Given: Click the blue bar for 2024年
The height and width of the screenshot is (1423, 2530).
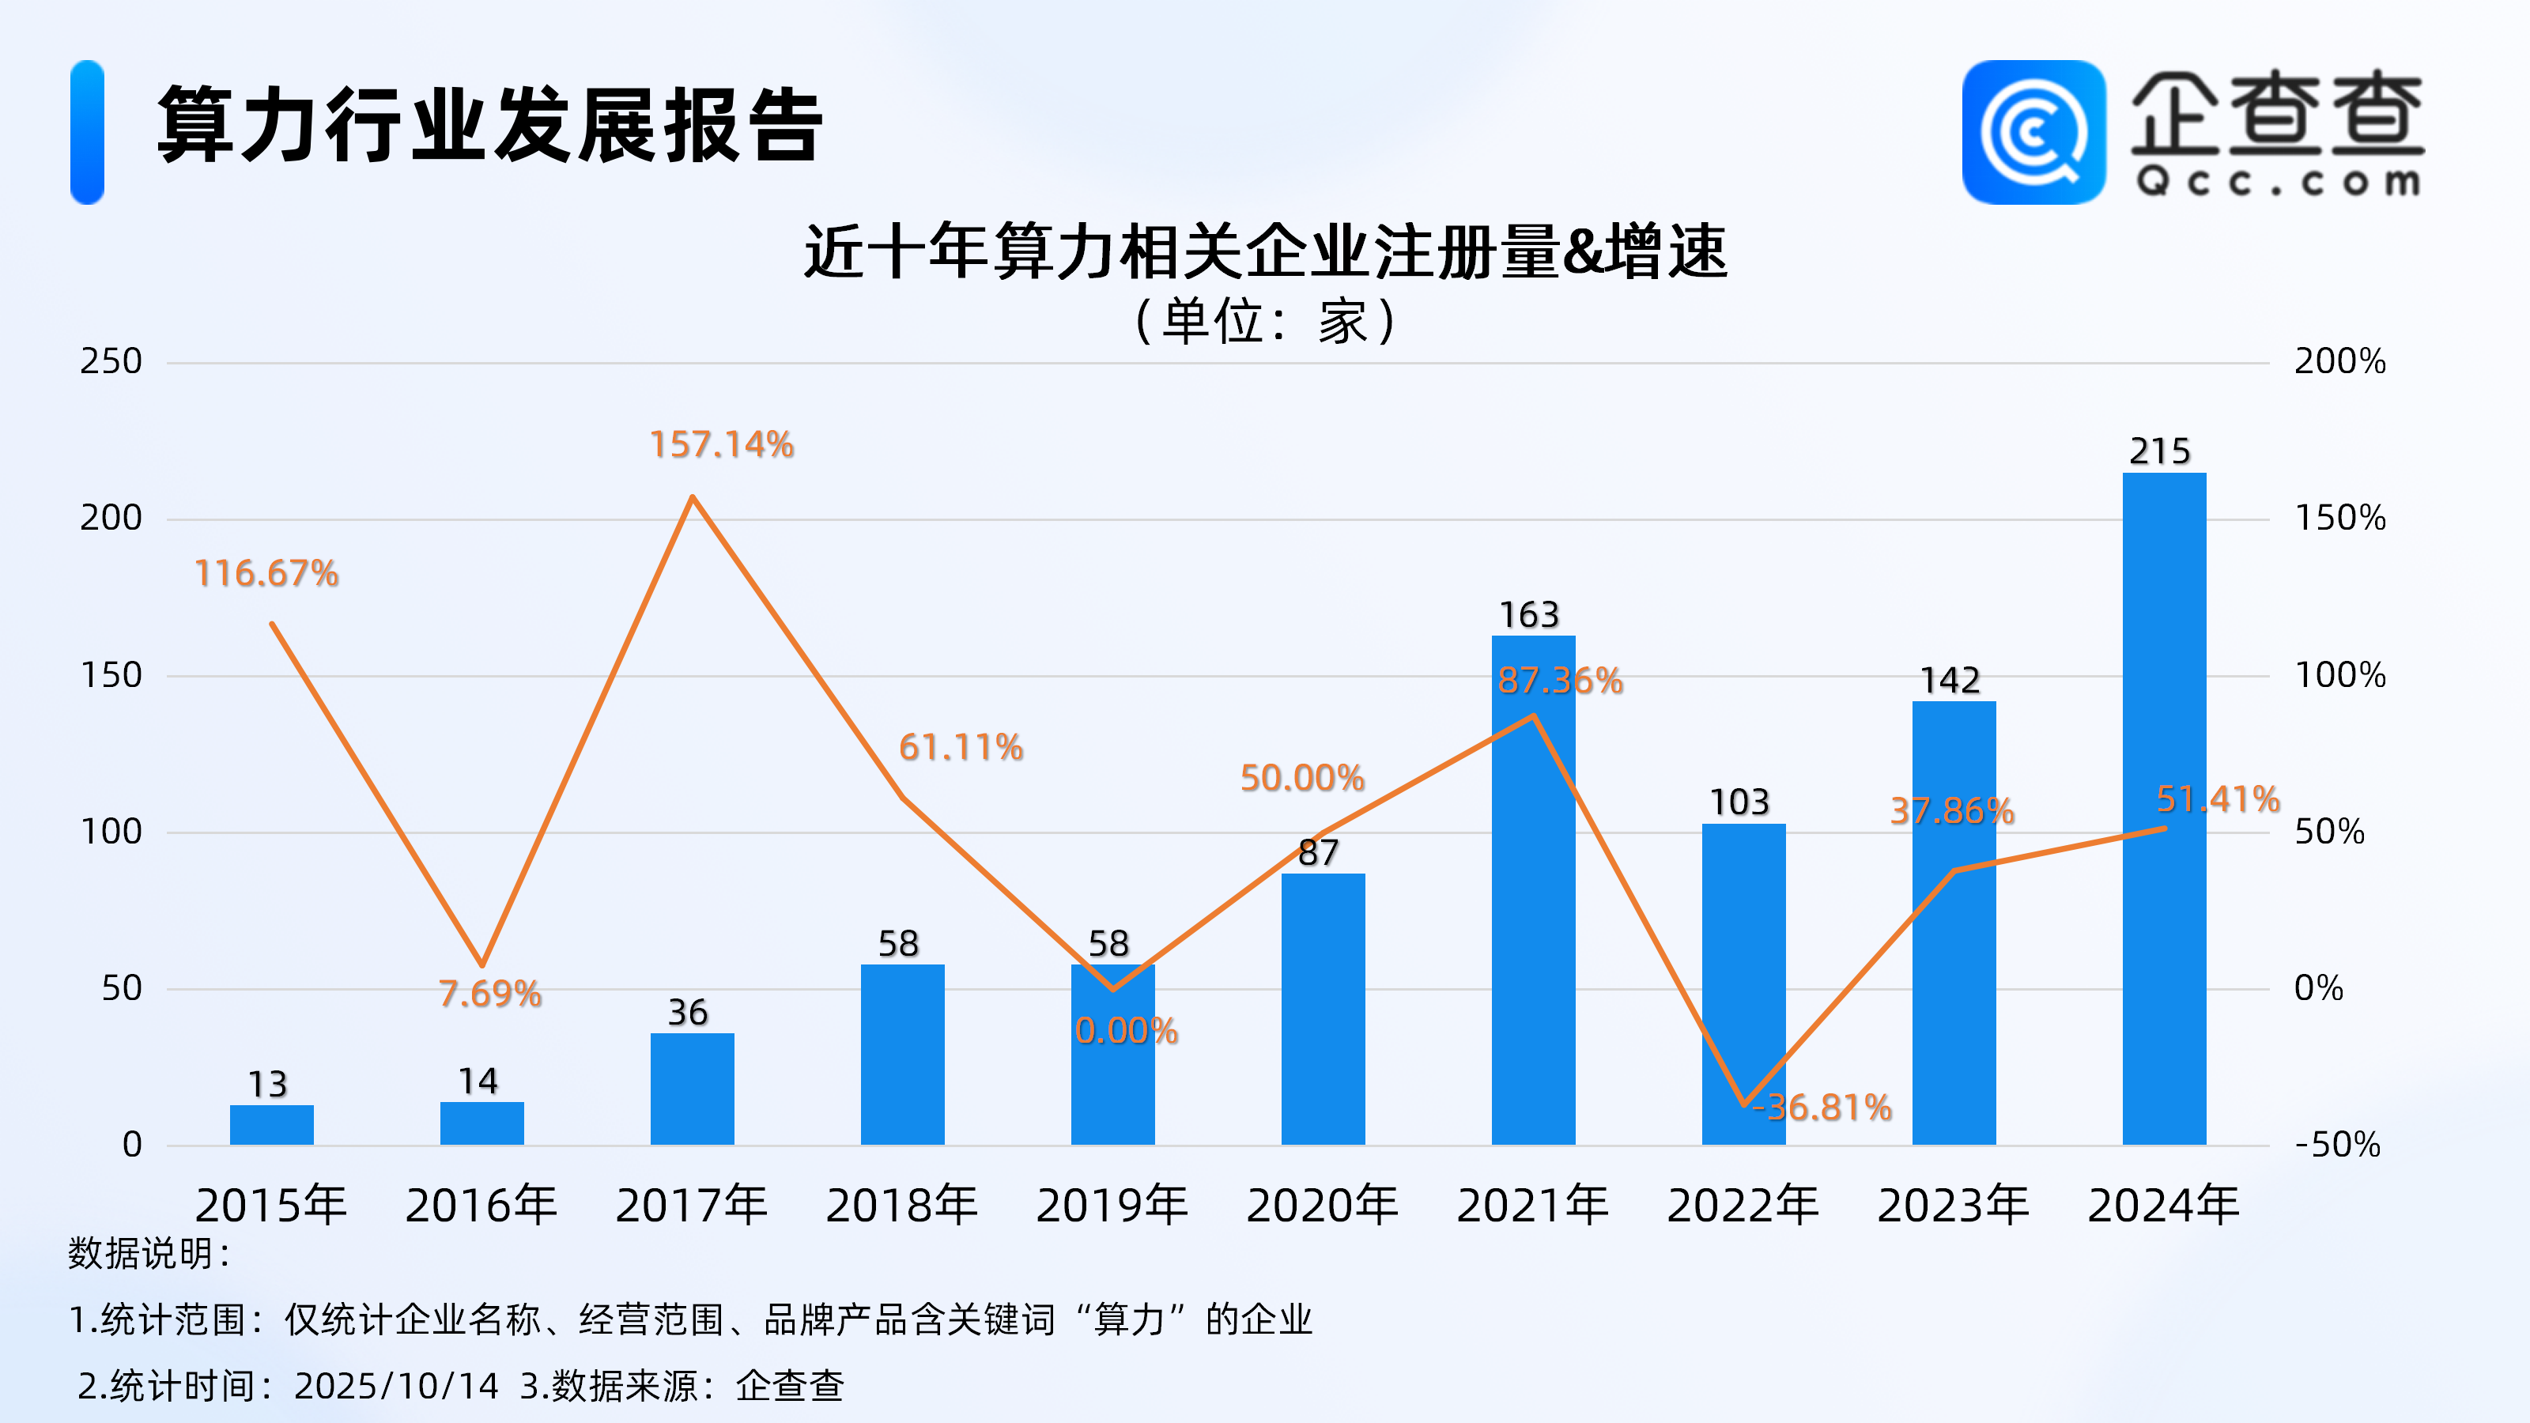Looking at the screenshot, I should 2164,806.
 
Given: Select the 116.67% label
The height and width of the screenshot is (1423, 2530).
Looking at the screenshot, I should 266,573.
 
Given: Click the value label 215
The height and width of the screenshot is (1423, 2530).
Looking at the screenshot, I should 2160,451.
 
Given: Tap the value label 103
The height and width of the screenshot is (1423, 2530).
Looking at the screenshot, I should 1739,802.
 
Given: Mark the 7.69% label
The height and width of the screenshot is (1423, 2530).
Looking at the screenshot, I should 490,994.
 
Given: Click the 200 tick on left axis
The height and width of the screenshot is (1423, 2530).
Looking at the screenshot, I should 111,519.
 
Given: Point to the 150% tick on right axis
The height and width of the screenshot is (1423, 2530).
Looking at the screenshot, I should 2339,519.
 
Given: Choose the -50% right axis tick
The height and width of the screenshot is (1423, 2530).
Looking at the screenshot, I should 2338,1145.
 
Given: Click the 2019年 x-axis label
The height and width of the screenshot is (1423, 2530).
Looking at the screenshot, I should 1112,1206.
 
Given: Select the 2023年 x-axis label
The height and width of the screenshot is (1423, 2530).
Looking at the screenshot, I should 1954,1206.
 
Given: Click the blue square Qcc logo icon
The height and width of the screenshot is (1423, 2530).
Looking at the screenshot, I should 2033,133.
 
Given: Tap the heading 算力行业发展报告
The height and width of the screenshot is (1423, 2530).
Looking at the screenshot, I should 489,126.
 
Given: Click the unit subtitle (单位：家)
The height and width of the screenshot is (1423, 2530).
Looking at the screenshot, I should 1265,321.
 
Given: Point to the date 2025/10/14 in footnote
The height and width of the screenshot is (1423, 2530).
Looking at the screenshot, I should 397,1386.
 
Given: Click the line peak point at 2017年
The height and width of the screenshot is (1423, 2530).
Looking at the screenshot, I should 693,497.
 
